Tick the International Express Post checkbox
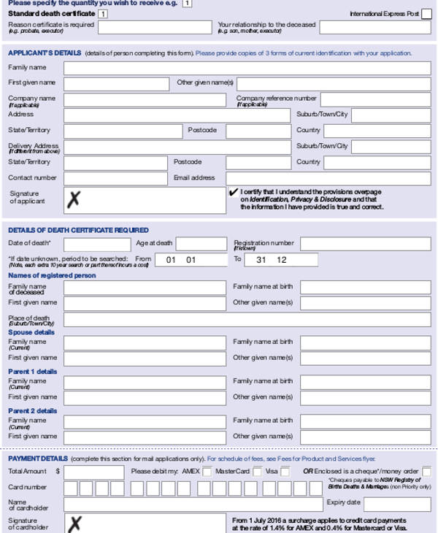tap(426, 14)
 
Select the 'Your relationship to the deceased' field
tap(374, 28)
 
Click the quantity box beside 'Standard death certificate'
tap(103, 14)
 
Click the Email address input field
tap(328, 178)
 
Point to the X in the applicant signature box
tap(73, 199)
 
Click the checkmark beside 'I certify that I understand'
tap(234, 192)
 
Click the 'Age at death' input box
tap(201, 244)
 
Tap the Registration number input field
tap(365, 244)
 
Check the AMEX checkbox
tap(207, 472)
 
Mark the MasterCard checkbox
tap(257, 472)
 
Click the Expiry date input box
tap(397, 504)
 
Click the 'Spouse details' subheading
tap(31, 332)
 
